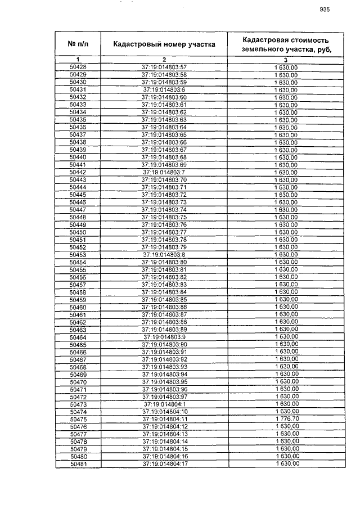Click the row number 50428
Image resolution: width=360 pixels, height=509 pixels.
(x=78, y=67)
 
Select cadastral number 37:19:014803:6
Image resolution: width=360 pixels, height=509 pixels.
(x=164, y=90)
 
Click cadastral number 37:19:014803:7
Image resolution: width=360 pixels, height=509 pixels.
(x=164, y=172)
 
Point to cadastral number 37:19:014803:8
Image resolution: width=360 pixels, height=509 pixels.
(x=164, y=255)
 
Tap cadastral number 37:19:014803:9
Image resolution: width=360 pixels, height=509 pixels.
(x=164, y=337)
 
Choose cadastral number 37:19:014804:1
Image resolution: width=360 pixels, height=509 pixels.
(x=164, y=404)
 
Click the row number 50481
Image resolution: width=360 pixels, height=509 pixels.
(x=78, y=464)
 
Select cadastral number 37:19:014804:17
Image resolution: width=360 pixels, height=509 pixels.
(x=164, y=464)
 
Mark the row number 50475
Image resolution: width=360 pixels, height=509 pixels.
(x=78, y=419)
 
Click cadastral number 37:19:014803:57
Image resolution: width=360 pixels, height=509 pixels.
(x=164, y=67)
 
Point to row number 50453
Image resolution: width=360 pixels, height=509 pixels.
(x=78, y=255)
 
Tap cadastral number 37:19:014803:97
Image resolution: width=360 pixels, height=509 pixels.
(x=164, y=397)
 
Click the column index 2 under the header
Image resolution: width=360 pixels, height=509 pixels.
(x=164, y=60)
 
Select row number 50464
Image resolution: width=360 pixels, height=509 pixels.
(x=78, y=337)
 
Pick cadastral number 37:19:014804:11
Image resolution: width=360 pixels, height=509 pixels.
(x=164, y=419)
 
